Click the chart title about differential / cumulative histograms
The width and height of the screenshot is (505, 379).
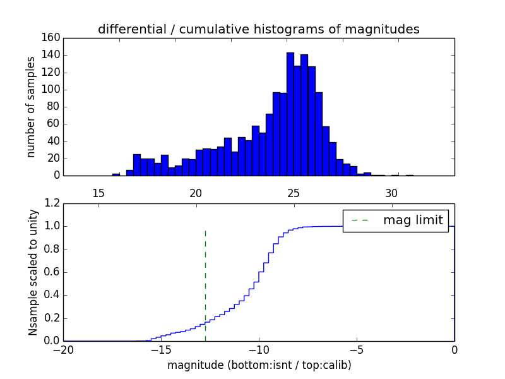pyautogui.click(x=259, y=29)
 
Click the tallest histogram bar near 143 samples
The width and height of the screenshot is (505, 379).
pyautogui.click(x=290, y=114)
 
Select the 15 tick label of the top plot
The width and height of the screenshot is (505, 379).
pyautogui.click(x=98, y=193)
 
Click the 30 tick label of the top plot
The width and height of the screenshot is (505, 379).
pyautogui.click(x=391, y=193)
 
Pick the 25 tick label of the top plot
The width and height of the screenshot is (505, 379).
pyautogui.click(x=294, y=193)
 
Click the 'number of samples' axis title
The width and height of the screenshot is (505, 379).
pyautogui.click(x=31, y=107)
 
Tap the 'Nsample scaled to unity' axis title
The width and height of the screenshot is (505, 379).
pyautogui.click(x=33, y=272)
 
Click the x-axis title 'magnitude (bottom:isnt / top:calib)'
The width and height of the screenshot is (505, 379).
pyautogui.click(x=259, y=365)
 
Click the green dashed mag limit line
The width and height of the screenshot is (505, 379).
pyautogui.click(x=205, y=284)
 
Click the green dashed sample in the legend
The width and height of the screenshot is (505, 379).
pyautogui.click(x=359, y=220)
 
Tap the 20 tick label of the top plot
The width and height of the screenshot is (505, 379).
pyautogui.click(x=196, y=193)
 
